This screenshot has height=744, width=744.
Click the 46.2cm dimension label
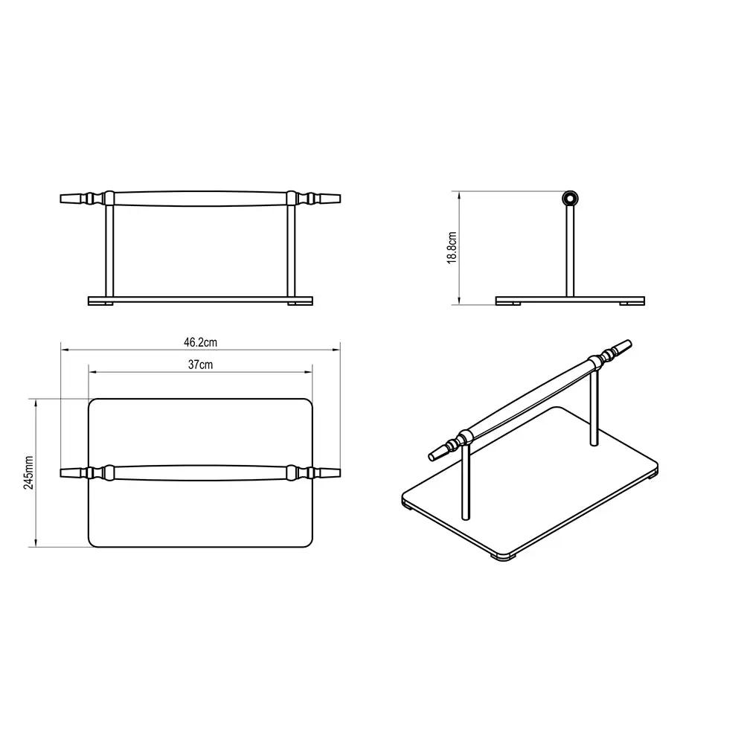pos(200,342)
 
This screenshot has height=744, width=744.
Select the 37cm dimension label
pos(200,365)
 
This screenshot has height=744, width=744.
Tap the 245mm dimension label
pos(28,472)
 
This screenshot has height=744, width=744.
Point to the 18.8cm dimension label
pos(452,248)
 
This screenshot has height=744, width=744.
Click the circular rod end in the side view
pos(570,199)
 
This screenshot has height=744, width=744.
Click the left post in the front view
pos(109,251)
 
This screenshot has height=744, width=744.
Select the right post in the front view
pos(291,251)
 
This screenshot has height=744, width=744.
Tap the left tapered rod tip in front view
pos(73,199)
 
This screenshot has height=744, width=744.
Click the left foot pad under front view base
pos(102,304)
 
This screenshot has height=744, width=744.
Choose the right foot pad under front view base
pos(299,304)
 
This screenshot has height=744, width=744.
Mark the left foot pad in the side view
pos(509,304)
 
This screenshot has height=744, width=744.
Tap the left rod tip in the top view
pos(73,472)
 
